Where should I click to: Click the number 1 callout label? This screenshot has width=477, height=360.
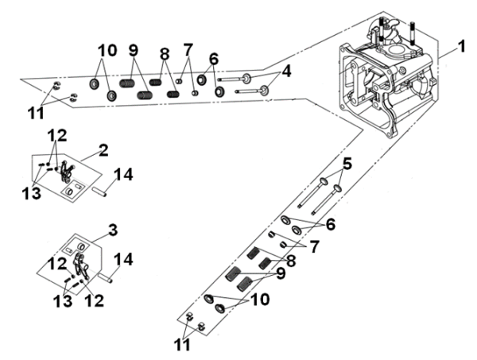tap(463, 49)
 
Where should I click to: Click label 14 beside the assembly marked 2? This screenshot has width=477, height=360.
tap(123, 174)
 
